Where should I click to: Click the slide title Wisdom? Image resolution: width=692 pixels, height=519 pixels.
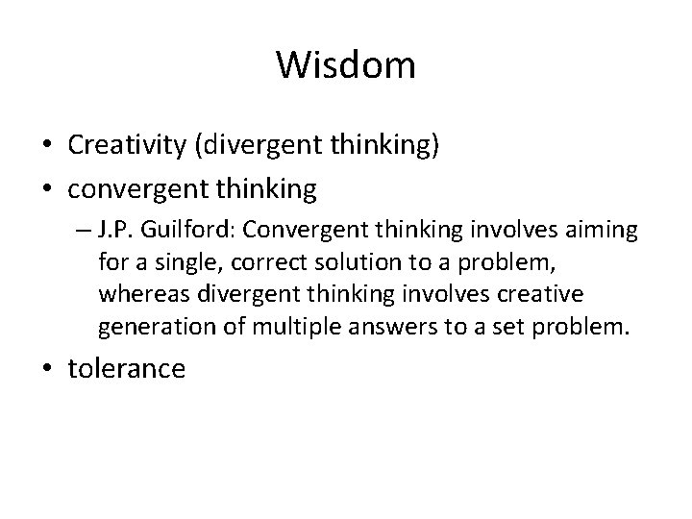(346, 66)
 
